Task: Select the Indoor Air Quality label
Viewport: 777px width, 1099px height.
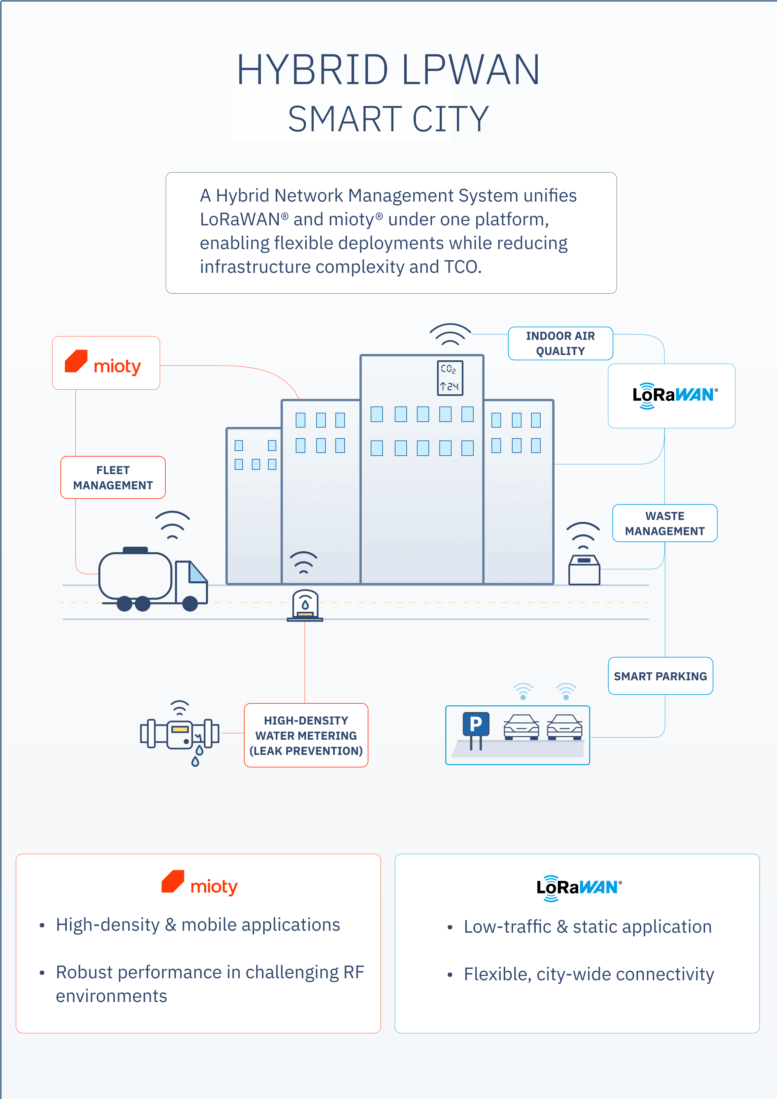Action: [x=560, y=343]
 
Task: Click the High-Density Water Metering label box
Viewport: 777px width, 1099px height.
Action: [x=306, y=735]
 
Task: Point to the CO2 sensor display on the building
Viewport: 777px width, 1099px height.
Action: [x=450, y=378]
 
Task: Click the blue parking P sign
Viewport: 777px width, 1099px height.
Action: [x=476, y=724]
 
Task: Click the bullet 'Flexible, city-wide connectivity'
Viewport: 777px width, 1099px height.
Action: [x=589, y=974]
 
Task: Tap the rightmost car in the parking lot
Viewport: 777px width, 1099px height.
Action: [x=565, y=727]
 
